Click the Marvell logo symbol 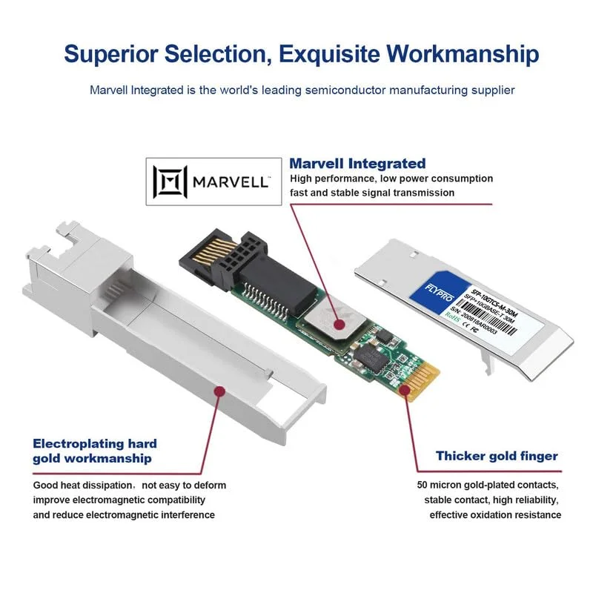coord(166,181)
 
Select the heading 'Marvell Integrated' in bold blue coord(357,164)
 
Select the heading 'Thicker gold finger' coord(496,456)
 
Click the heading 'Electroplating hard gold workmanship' coord(94,451)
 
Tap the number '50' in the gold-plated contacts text coord(423,486)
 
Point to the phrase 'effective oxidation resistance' coord(494,514)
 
